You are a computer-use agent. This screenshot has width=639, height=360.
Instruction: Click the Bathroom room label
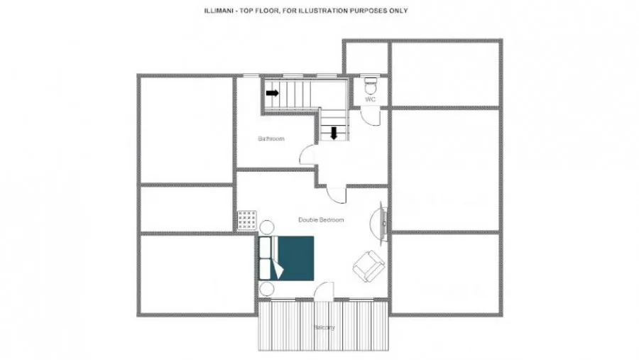point(271,138)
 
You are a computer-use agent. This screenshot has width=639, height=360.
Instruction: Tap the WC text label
point(370,99)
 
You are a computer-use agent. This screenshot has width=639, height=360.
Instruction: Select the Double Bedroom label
point(321,219)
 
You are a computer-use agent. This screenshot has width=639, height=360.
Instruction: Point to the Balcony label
point(324,327)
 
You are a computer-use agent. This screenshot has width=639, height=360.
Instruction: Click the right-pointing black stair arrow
point(272,93)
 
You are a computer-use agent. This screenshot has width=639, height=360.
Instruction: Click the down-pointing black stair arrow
point(334,133)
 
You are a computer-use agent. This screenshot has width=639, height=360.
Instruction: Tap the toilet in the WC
point(371,86)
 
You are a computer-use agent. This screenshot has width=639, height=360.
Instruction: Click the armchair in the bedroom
point(368,266)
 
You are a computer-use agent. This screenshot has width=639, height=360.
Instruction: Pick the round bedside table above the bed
point(267,227)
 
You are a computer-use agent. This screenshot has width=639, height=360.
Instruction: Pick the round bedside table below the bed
point(267,289)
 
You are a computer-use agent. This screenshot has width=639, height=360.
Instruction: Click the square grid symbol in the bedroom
point(247,220)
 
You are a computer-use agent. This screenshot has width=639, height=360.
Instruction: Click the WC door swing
point(371,116)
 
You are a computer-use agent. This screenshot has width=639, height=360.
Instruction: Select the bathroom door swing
point(307,155)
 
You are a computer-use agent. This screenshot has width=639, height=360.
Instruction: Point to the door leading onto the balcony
point(324,291)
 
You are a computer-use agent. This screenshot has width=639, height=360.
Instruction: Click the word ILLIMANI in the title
point(219,11)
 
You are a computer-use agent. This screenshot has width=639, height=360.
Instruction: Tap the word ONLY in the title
point(398,11)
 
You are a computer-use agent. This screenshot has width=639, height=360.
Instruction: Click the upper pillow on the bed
point(266,247)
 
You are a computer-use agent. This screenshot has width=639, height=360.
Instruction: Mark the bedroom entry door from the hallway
point(337,195)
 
